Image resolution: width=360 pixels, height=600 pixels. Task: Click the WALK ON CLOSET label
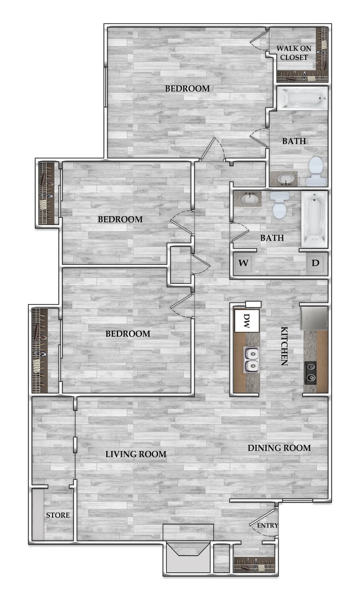[x=294, y=53]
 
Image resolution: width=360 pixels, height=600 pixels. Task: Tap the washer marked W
[x=242, y=263]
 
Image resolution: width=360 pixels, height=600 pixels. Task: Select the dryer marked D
[x=315, y=263]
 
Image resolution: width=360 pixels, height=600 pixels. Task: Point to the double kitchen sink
[x=252, y=359]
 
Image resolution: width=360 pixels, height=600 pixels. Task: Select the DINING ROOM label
[x=279, y=448]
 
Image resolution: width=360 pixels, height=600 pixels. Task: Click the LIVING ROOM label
[x=136, y=454]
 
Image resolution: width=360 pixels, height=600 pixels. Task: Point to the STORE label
[x=58, y=515]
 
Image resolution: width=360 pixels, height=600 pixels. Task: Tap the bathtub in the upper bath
[x=302, y=99]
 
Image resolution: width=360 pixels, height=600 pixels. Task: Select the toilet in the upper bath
[x=315, y=170]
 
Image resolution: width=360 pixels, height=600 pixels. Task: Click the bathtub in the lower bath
[x=314, y=219]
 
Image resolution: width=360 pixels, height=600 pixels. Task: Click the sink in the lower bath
[x=247, y=199]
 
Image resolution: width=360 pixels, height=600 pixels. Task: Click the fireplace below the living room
[x=188, y=551]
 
